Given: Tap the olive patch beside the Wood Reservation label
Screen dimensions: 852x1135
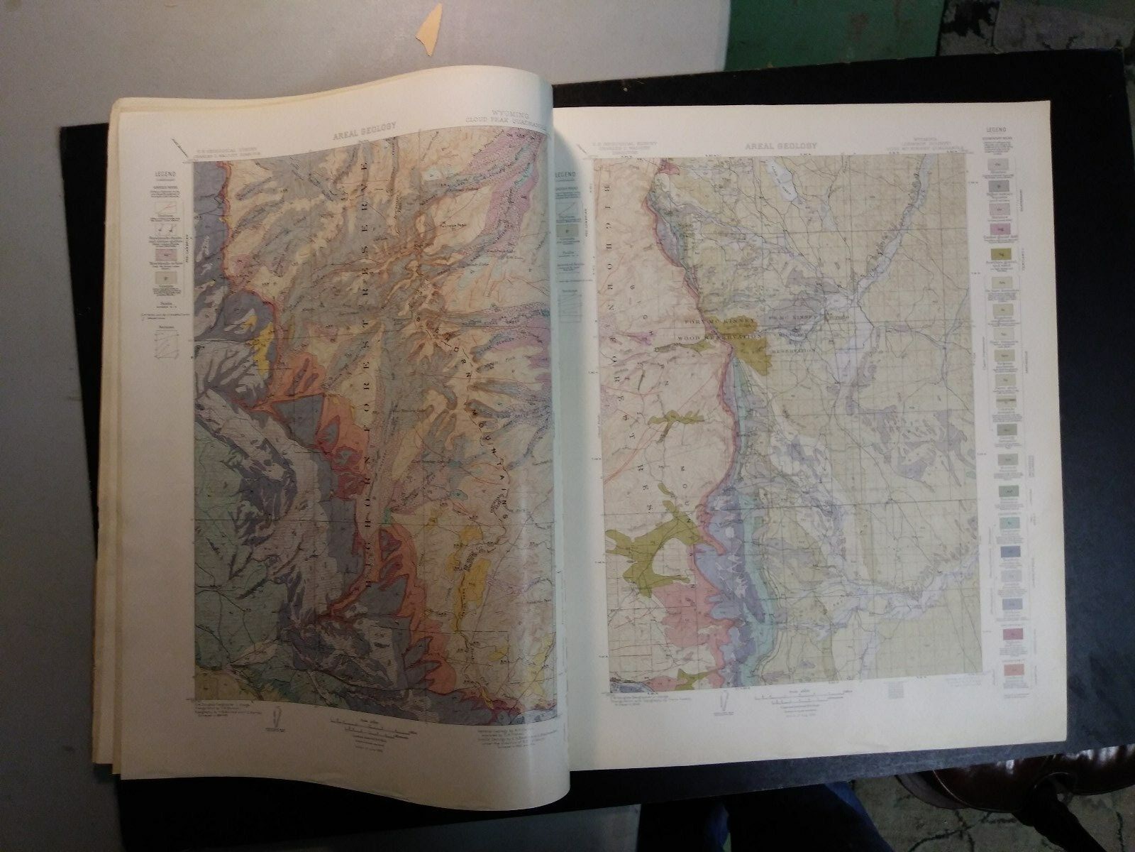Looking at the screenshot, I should (753, 349).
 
